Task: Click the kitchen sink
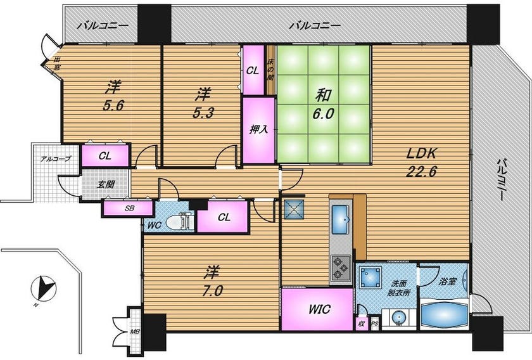pyautogui.click(x=341, y=219)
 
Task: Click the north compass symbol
pyautogui.click(x=42, y=288)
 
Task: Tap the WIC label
pyautogui.click(x=319, y=309)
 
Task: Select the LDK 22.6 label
pyautogui.click(x=422, y=162)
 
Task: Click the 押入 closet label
pyautogui.click(x=258, y=129)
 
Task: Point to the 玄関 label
pyautogui.click(x=106, y=185)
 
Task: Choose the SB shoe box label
pyautogui.click(x=129, y=209)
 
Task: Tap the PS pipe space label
pyautogui.click(x=374, y=324)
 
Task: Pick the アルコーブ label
pyautogui.click(x=56, y=159)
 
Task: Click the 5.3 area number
pyautogui.click(x=203, y=113)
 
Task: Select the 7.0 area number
pyautogui.click(x=213, y=291)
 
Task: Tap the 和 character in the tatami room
pyautogui.click(x=322, y=96)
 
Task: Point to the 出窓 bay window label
pyautogui.click(x=56, y=63)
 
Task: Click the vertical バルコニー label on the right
pyautogui.click(x=502, y=180)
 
